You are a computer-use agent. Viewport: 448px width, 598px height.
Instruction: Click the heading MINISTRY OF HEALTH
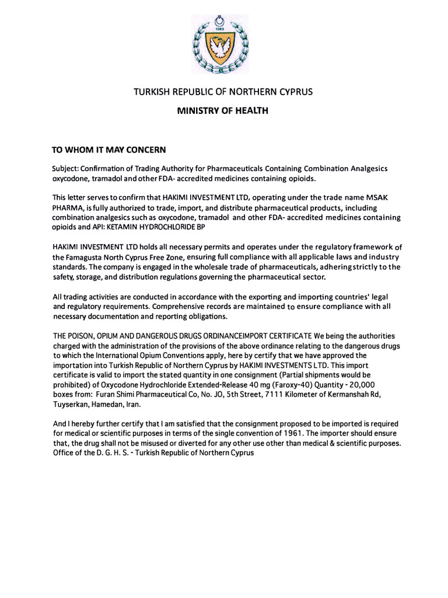(223, 110)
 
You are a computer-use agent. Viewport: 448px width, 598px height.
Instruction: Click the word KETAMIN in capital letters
(125, 227)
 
